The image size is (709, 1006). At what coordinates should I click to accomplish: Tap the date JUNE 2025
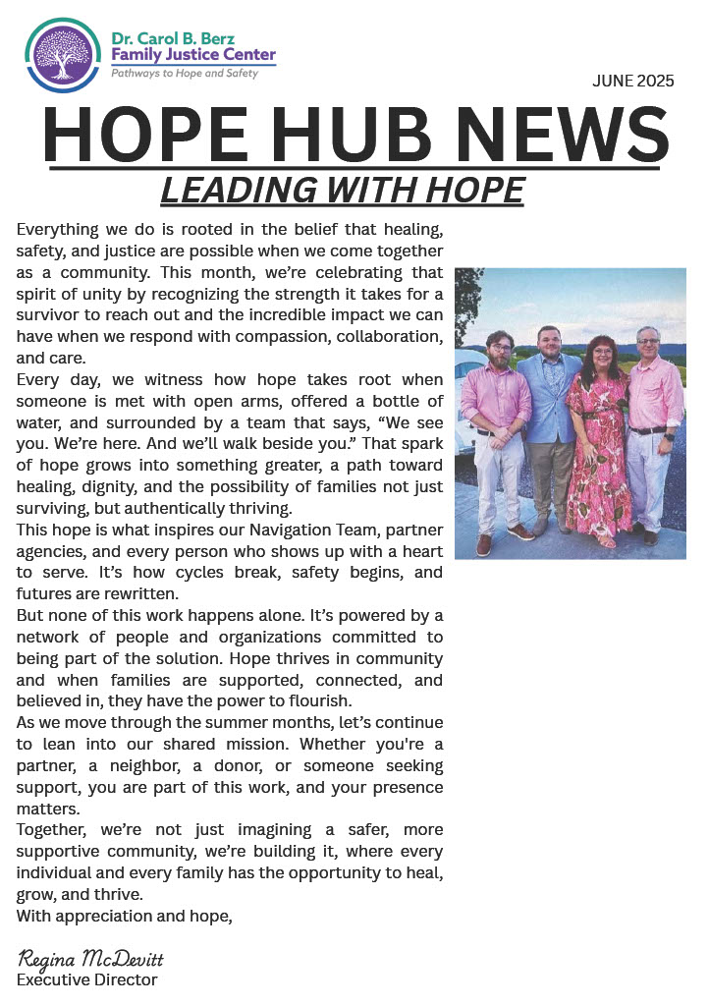(632, 82)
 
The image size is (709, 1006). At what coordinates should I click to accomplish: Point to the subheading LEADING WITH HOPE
(342, 191)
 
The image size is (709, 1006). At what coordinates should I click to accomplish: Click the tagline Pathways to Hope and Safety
(184, 74)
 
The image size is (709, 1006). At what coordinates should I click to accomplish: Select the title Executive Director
(87, 979)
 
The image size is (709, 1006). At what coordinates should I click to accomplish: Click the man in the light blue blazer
(549, 432)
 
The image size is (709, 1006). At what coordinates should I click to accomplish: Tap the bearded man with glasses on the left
(497, 432)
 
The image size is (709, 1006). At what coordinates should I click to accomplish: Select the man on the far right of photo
(652, 432)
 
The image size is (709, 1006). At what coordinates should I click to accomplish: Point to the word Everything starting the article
(61, 229)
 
